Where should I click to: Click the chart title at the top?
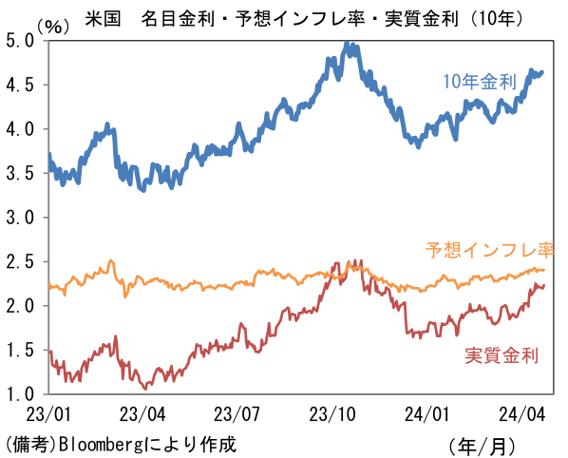coord(286,17)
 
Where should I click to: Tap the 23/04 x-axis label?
coord(142,414)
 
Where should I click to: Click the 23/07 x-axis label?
coord(237,414)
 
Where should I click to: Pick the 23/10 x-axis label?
coord(332,414)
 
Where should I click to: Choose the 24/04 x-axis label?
coord(521,414)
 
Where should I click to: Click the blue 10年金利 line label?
coord(483,82)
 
